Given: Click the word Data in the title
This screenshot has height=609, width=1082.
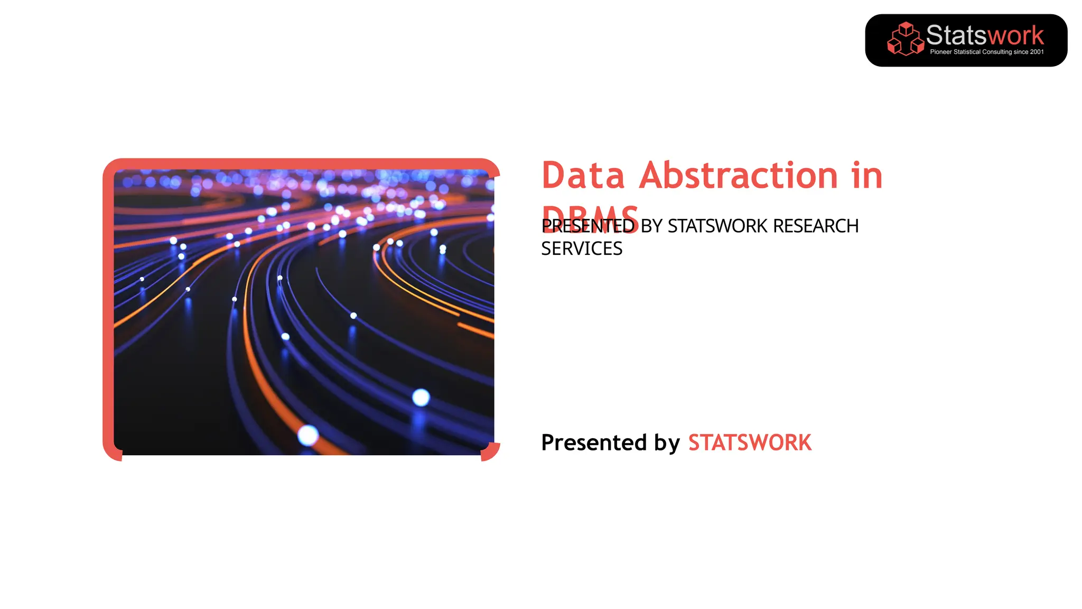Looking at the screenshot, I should tap(583, 176).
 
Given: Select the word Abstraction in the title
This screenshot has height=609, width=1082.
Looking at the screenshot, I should tap(738, 176).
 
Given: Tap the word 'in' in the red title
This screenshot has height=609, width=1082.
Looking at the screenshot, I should tap(867, 176).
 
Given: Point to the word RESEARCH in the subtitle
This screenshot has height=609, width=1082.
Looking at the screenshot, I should tap(816, 226).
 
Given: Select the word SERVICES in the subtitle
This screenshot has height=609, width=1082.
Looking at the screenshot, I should tap(582, 248).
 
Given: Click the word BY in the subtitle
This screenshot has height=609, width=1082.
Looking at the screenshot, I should tap(651, 226).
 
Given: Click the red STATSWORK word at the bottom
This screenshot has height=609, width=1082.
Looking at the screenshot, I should tap(750, 442).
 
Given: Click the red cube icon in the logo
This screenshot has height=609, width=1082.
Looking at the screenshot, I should tap(905, 39).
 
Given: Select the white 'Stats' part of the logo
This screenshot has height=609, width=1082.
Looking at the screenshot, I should tap(956, 35).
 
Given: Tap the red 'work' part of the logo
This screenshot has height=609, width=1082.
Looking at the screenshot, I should tap(1015, 35).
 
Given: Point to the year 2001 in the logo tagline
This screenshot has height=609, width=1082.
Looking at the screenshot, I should tap(1037, 52).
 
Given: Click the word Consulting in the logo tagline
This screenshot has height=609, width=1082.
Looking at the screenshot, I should tap(996, 52).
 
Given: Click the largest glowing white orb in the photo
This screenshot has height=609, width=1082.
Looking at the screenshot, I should tap(421, 397).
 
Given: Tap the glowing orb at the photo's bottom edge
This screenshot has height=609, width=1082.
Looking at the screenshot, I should tap(308, 436).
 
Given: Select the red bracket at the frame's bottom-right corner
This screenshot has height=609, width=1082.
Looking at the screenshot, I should tap(491, 452).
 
